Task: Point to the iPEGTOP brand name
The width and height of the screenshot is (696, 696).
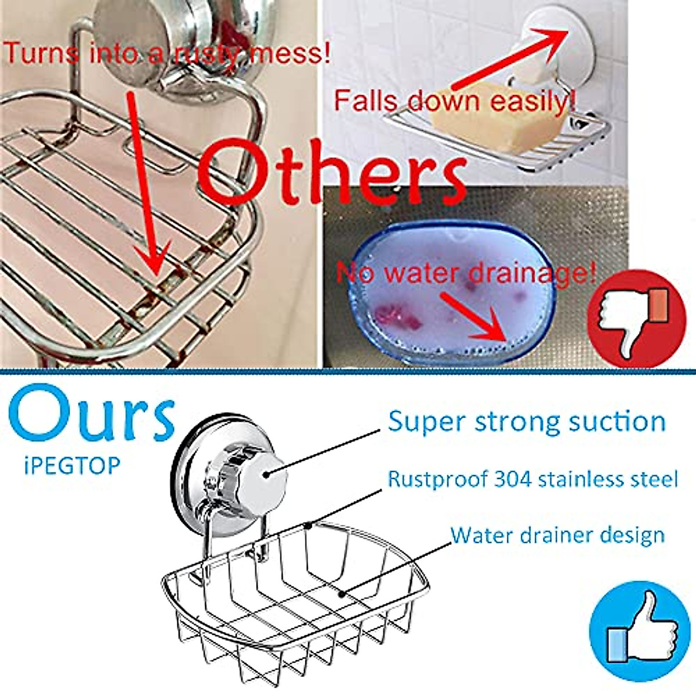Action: tap(72, 465)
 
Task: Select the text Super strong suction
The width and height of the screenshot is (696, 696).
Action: tap(527, 422)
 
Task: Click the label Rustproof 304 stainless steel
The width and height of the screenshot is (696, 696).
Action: tap(532, 480)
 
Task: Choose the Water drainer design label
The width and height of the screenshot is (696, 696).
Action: tap(557, 534)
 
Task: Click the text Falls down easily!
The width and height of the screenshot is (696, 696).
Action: tap(454, 101)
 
